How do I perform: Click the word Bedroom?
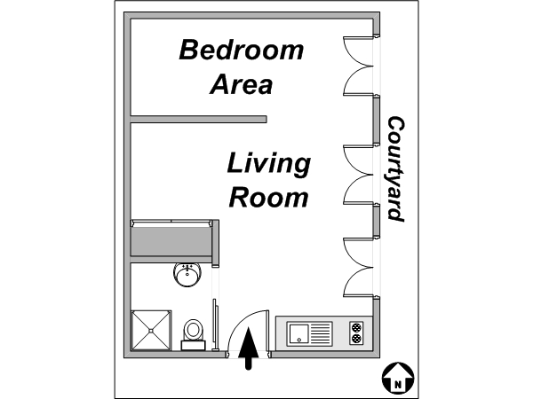(x=242, y=50)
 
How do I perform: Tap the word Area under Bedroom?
(x=242, y=84)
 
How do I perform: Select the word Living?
(x=268, y=164)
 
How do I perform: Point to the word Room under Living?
(x=268, y=198)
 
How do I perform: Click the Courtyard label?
(x=396, y=169)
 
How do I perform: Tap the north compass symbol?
(x=398, y=378)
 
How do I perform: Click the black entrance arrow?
(x=249, y=348)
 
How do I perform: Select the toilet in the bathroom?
(x=193, y=334)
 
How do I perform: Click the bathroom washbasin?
(x=187, y=275)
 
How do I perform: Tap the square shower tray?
(x=151, y=330)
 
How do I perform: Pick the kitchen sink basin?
(x=298, y=334)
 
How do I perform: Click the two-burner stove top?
(x=356, y=332)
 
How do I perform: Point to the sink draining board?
(x=321, y=334)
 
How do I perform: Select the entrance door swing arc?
(x=241, y=323)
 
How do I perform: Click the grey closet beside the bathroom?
(x=175, y=241)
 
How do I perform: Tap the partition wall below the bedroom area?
(x=199, y=119)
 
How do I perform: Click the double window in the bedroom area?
(x=359, y=66)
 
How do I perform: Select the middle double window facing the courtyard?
(x=359, y=175)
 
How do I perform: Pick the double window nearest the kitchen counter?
(x=359, y=268)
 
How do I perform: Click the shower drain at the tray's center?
(x=151, y=331)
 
